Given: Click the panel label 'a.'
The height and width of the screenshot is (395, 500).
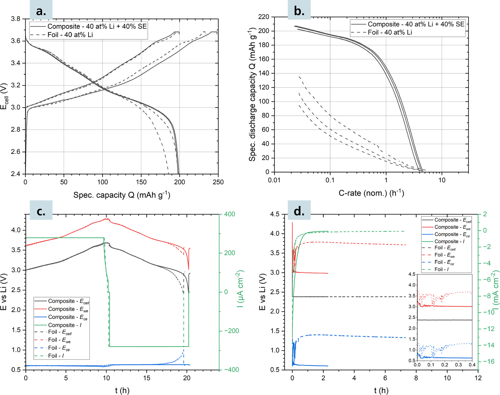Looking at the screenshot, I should point(41,11).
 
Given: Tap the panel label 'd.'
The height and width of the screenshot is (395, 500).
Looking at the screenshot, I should point(299,211).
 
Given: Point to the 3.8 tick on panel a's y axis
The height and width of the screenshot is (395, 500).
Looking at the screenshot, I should point(15,19).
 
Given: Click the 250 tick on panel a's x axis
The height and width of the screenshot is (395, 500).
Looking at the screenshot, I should point(218,182).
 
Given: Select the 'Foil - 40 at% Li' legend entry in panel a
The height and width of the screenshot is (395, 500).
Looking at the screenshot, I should point(70,35).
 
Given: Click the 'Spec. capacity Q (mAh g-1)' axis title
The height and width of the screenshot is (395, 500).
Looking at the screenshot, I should point(121,195).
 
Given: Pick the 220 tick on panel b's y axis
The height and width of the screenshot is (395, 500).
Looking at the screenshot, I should point(264,17).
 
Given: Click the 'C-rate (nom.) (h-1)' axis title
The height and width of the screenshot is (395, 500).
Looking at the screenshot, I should point(371,193).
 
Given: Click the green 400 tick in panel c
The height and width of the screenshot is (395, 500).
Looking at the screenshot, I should point(229,214).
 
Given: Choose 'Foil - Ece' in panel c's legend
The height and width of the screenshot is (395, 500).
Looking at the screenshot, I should point(59,348).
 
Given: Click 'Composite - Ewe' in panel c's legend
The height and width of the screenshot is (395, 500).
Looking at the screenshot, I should point(68,309).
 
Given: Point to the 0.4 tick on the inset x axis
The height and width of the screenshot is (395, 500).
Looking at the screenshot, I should point(472,365).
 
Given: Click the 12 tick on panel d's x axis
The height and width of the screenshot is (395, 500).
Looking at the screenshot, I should point(478,378).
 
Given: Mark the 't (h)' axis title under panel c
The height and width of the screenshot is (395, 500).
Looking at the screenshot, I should point(122,390).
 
